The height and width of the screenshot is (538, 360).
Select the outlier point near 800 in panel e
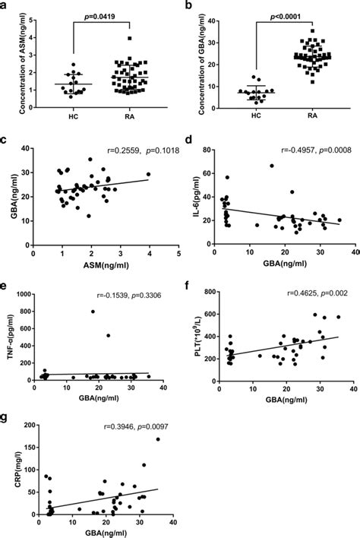pos(93,311)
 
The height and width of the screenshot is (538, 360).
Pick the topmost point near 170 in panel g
pos(158,439)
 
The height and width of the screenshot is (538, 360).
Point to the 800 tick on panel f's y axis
pos(208,293)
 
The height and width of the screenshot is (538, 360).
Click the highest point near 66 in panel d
pos(271,166)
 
